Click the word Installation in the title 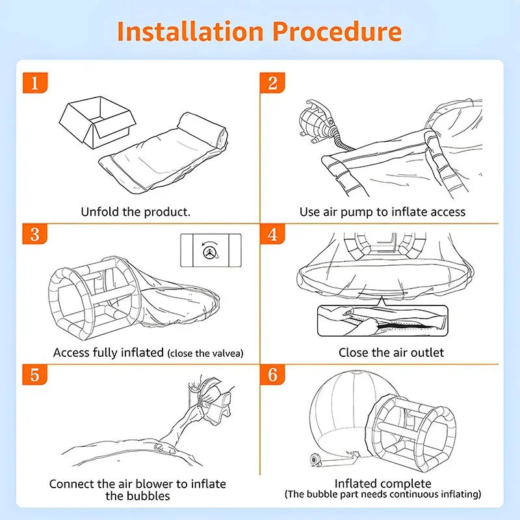pos(190,31)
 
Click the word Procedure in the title pos(337,31)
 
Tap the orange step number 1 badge pos(35,83)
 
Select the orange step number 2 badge pos(272,83)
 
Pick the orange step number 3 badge pos(35,234)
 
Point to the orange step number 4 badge pos(272,234)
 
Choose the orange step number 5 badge pos(35,375)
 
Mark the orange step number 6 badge pos(272,375)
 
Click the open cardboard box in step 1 pos(97,122)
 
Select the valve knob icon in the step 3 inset pos(211,252)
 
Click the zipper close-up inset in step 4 pos(383,320)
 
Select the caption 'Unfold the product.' pos(136,212)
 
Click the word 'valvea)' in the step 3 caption pos(227,353)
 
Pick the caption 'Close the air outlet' pos(391,352)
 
